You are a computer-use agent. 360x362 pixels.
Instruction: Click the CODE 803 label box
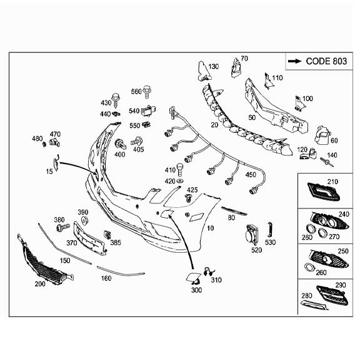[x=317, y=61]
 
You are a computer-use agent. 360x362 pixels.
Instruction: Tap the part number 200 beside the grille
[x=40, y=284]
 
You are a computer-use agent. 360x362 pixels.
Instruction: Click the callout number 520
[x=257, y=250]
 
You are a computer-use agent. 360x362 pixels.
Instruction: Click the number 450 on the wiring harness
[x=250, y=175]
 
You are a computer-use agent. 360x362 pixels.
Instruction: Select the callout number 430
[x=106, y=102]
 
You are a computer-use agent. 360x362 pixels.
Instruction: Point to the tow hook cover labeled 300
[x=191, y=276]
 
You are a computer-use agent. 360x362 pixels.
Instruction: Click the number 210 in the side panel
[x=332, y=182]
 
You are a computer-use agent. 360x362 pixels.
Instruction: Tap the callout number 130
[x=214, y=67]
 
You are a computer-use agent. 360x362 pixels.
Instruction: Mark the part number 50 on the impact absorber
[x=252, y=117]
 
